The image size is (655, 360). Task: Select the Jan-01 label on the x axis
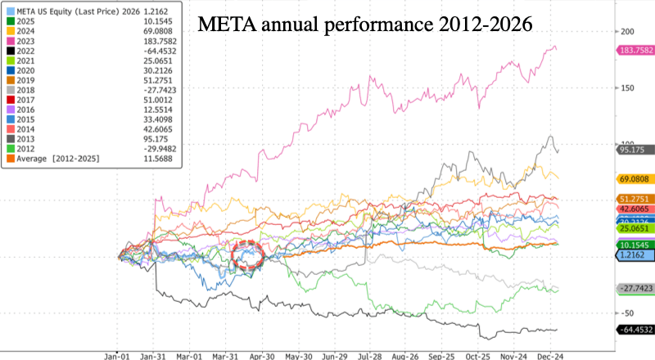118,357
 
